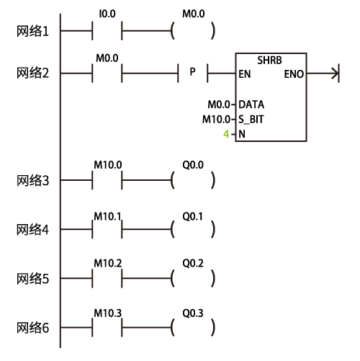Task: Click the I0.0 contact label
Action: click(107, 14)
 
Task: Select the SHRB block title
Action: click(269, 61)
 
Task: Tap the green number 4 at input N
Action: click(226, 134)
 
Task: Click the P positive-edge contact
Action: click(192, 73)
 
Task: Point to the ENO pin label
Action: click(294, 74)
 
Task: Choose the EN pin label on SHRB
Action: click(245, 74)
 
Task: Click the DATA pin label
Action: click(251, 104)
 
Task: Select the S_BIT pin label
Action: click(251, 120)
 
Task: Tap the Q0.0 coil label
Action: click(193, 165)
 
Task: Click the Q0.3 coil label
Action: click(193, 313)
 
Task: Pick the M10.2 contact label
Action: click(108, 264)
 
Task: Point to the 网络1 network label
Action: click(32, 32)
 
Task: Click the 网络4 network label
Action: click(32, 230)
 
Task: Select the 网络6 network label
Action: click(32, 328)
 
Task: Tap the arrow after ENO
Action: click(323, 73)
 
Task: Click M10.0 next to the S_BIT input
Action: click(216, 120)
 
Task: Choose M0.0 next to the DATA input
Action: click(219, 104)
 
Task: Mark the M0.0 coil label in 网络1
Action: click(194, 14)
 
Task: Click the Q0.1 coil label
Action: click(192, 217)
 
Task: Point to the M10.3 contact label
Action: click(108, 313)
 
